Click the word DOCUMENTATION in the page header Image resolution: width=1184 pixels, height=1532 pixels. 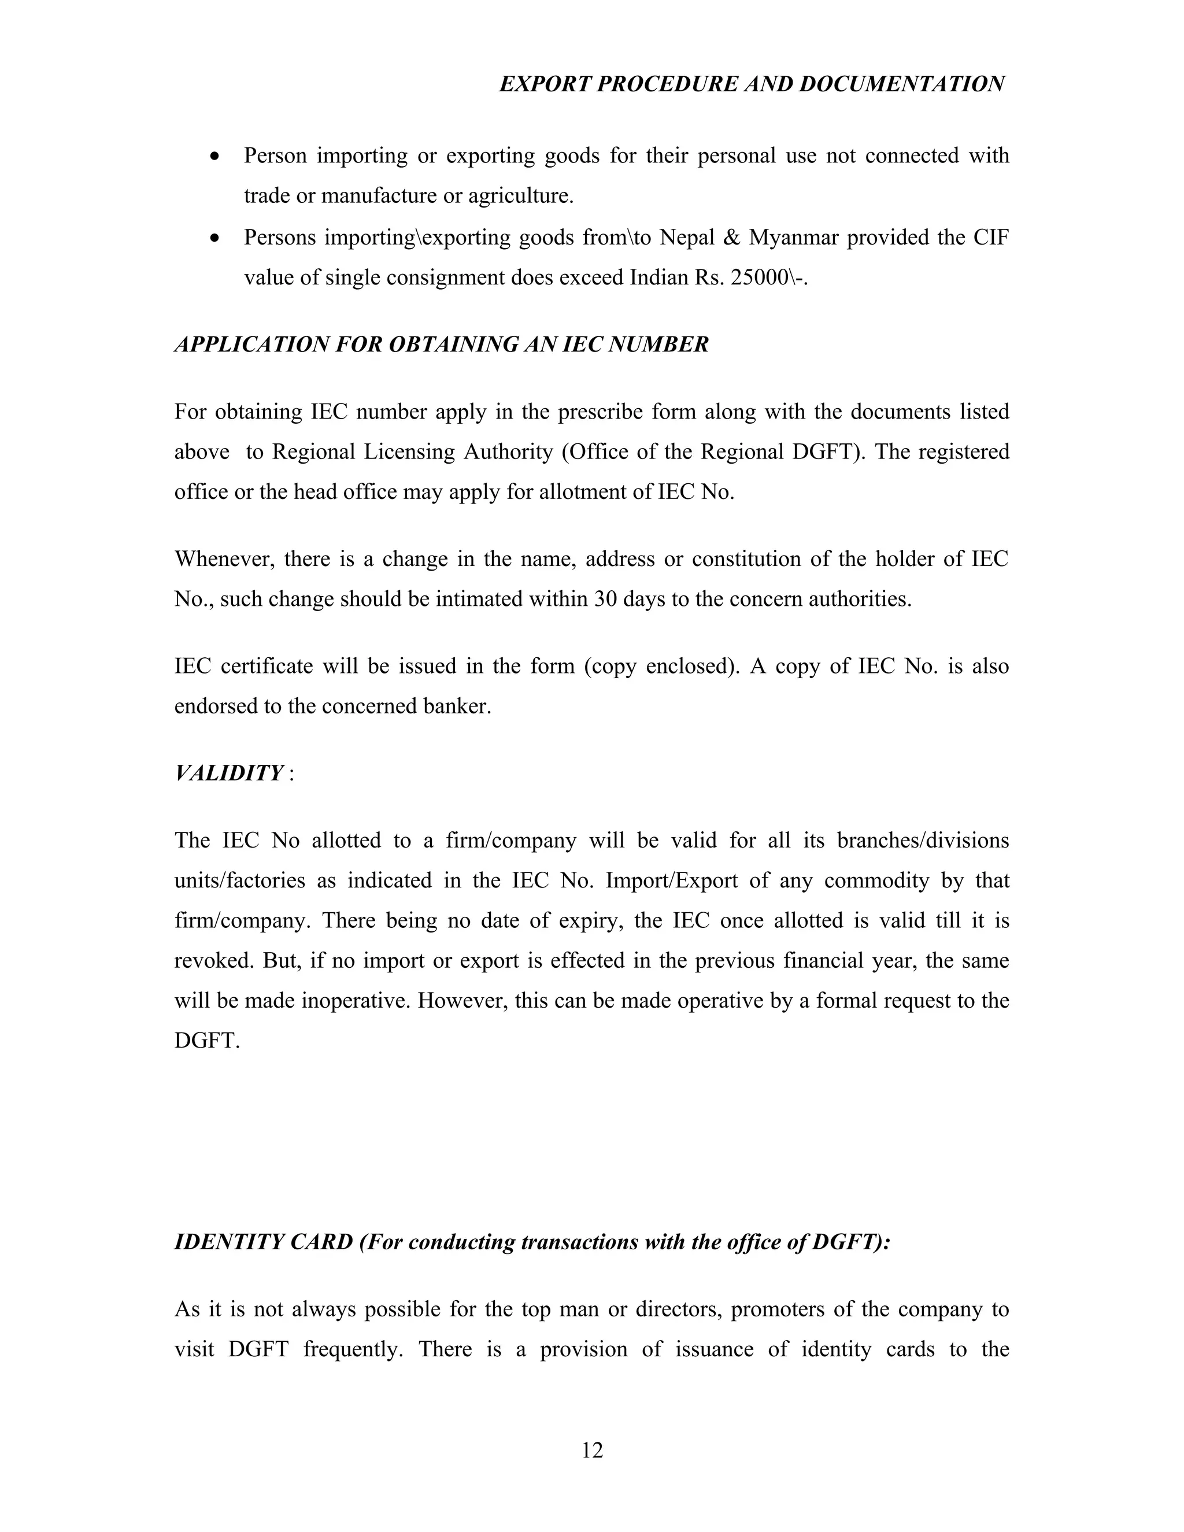coord(901,84)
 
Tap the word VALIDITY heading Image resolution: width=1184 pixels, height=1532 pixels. coord(229,773)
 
